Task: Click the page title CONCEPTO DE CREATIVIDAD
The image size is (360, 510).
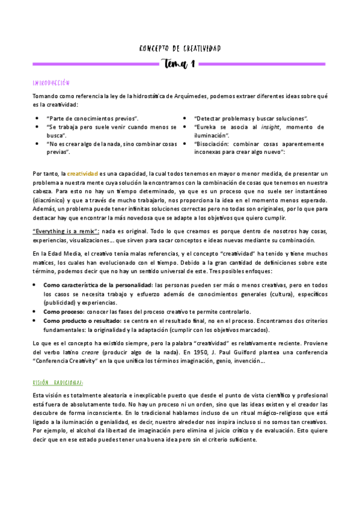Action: click(x=179, y=49)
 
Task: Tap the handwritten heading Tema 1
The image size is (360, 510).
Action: click(x=180, y=64)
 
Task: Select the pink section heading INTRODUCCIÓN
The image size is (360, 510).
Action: click(x=51, y=82)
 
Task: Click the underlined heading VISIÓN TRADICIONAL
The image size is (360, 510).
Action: click(x=58, y=382)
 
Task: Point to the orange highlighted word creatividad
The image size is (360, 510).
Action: click(x=82, y=173)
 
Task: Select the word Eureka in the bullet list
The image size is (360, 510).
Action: click(x=206, y=127)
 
